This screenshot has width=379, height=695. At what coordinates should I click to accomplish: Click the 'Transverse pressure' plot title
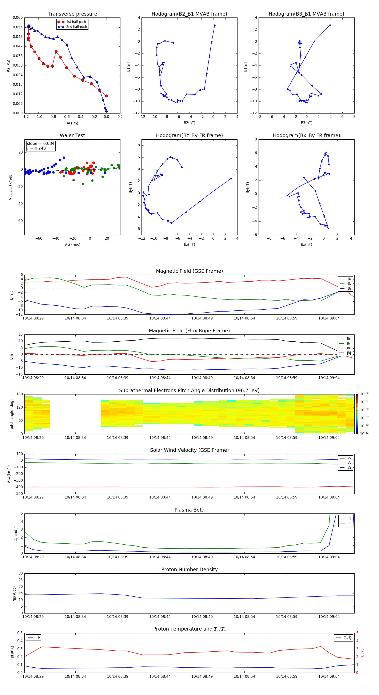tap(72, 14)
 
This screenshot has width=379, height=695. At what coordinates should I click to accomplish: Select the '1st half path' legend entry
tap(76, 22)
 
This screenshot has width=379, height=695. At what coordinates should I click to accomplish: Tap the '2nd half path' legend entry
tap(76, 27)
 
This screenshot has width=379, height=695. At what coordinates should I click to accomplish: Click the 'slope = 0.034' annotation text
tap(40, 144)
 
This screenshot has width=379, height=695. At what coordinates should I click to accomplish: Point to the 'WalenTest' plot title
tap(72, 135)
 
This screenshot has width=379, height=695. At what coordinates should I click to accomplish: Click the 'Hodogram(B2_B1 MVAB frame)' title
tap(189, 14)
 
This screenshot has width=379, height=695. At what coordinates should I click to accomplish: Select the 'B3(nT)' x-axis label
tap(306, 123)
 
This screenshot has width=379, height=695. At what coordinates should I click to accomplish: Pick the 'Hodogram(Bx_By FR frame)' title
tap(306, 135)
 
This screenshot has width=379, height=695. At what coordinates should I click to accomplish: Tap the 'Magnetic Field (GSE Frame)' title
tap(189, 271)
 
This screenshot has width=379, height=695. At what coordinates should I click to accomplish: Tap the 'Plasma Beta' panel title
tap(189, 510)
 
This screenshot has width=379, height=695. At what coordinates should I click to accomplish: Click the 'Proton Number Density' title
tap(189, 569)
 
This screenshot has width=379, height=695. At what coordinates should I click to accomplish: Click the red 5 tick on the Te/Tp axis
tap(357, 633)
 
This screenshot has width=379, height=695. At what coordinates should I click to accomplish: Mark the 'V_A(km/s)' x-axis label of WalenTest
tap(72, 245)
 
